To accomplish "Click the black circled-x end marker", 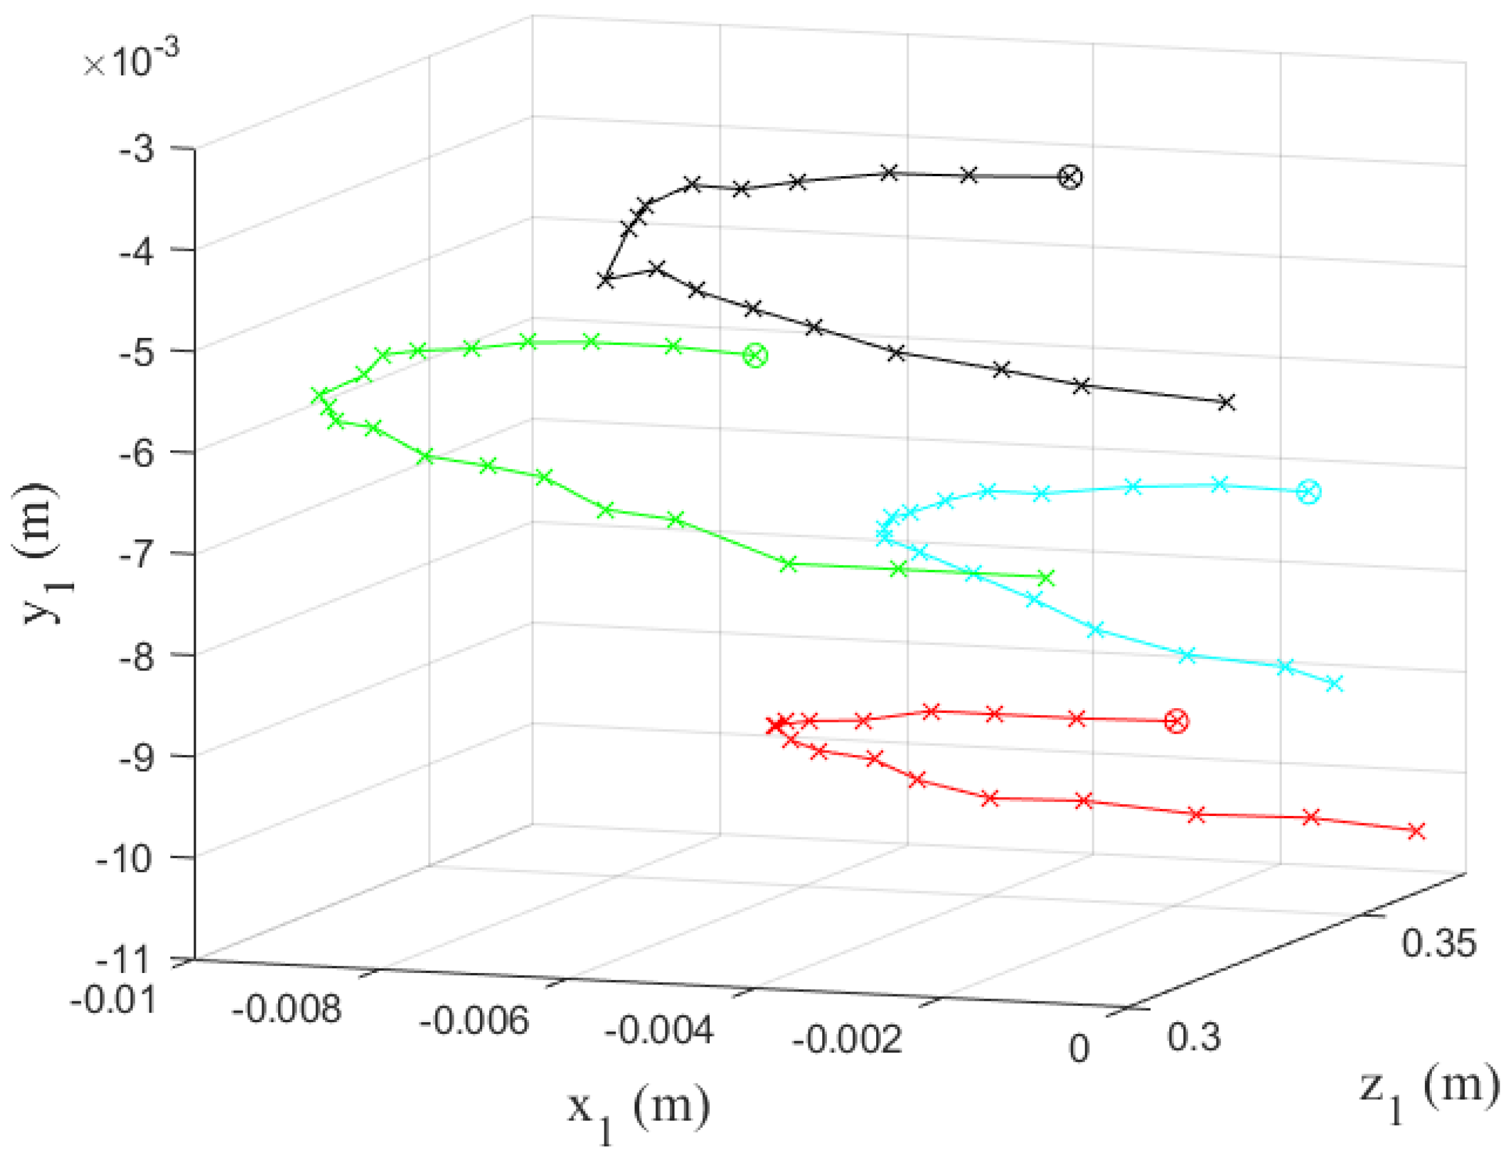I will click(x=1070, y=177).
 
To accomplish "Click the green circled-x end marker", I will click(x=755, y=356).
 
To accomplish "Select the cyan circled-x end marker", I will click(x=1308, y=492).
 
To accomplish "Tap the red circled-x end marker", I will click(x=1176, y=721).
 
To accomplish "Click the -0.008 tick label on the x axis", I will click(x=287, y=1010).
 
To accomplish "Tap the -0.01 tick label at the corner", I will click(x=114, y=1000).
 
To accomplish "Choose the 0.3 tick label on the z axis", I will click(x=1194, y=1036).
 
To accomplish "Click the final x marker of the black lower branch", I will click(x=1226, y=402).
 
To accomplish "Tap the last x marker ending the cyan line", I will click(x=1335, y=683).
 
